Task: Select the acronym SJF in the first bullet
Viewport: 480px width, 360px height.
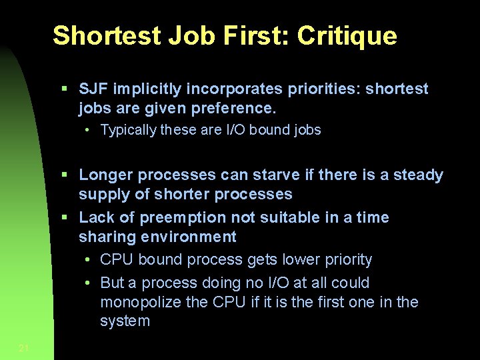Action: [x=94, y=89]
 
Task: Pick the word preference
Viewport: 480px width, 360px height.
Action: [x=235, y=108]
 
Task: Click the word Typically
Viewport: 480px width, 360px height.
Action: [x=128, y=130]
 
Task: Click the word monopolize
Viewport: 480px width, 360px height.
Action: [x=141, y=302]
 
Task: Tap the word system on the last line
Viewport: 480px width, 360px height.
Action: [x=125, y=321]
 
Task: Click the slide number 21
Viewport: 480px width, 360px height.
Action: [x=25, y=347]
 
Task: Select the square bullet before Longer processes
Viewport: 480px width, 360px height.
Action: [x=64, y=175]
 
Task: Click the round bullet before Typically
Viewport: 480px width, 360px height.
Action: [x=87, y=130]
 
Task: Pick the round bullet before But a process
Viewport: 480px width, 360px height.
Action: [x=87, y=283]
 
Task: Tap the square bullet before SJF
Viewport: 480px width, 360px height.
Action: [x=64, y=89]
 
